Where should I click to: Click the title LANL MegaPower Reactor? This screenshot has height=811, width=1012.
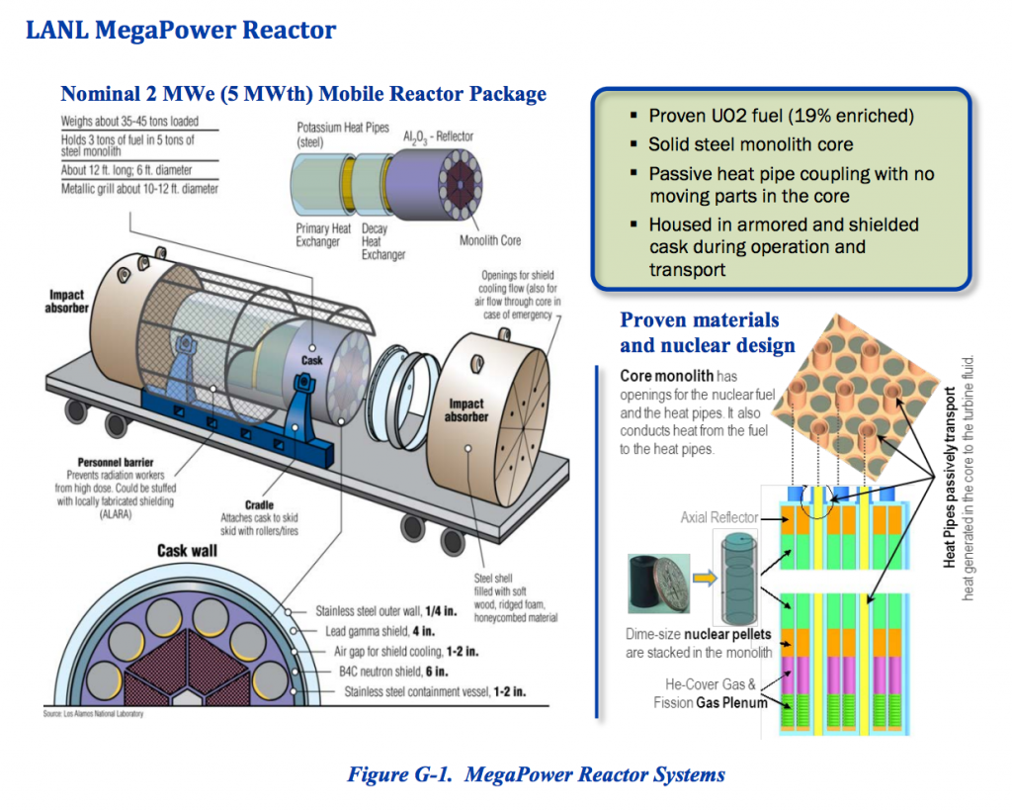[180, 30]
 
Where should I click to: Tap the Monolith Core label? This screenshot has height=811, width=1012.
[489, 240]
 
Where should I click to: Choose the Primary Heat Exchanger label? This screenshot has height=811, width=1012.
[323, 235]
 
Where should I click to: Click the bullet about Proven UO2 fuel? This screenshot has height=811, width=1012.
[781, 116]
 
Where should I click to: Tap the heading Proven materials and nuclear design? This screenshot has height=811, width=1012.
[707, 332]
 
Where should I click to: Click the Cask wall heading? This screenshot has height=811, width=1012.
[187, 549]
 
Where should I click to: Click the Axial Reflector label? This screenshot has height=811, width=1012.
[718, 517]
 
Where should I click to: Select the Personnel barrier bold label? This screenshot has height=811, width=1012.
[120, 462]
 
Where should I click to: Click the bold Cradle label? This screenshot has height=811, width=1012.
[259, 504]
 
